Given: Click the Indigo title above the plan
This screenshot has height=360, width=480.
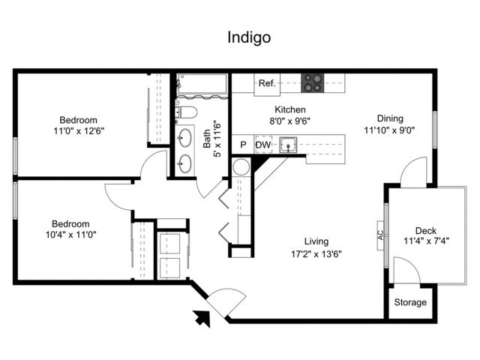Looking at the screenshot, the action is click(248, 36).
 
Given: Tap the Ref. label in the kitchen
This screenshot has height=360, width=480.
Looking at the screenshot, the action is click(267, 84).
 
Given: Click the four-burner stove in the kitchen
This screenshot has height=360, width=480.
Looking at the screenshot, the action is click(312, 82).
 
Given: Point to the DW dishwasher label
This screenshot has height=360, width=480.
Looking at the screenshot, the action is click(262, 145).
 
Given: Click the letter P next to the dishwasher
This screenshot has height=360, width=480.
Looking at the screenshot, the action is click(243, 145).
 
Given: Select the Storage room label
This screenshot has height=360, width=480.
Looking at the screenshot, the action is click(410, 303).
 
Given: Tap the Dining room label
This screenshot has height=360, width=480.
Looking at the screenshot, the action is click(390, 118).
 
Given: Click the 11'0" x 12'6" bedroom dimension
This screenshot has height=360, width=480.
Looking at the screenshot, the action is click(79, 130).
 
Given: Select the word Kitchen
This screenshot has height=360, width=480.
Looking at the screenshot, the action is click(289, 109).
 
